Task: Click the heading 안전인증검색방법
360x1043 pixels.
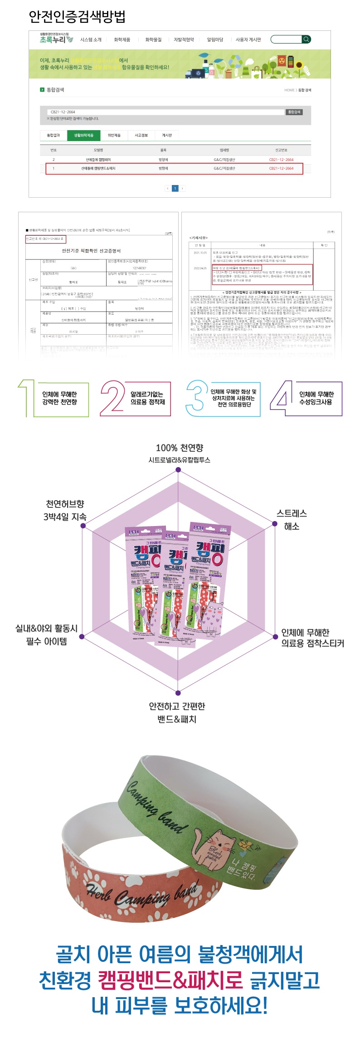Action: (x=77, y=17)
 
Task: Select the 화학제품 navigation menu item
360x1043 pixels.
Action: (x=122, y=40)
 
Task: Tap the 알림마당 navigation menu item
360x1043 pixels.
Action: (x=215, y=40)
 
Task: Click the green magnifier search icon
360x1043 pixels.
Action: (x=306, y=39)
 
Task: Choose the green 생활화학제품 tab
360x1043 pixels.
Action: (x=84, y=136)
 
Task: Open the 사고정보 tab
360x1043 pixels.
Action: (x=141, y=136)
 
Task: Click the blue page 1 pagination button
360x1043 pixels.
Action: (x=175, y=188)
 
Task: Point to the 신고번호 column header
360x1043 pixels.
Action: (x=281, y=150)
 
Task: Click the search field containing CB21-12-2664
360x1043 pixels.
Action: (x=165, y=112)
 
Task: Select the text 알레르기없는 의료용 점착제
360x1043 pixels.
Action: (x=147, y=398)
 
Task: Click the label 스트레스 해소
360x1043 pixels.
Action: (x=292, y=520)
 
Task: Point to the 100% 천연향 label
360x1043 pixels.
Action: (x=180, y=448)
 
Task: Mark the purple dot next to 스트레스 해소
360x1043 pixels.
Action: (x=275, y=524)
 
